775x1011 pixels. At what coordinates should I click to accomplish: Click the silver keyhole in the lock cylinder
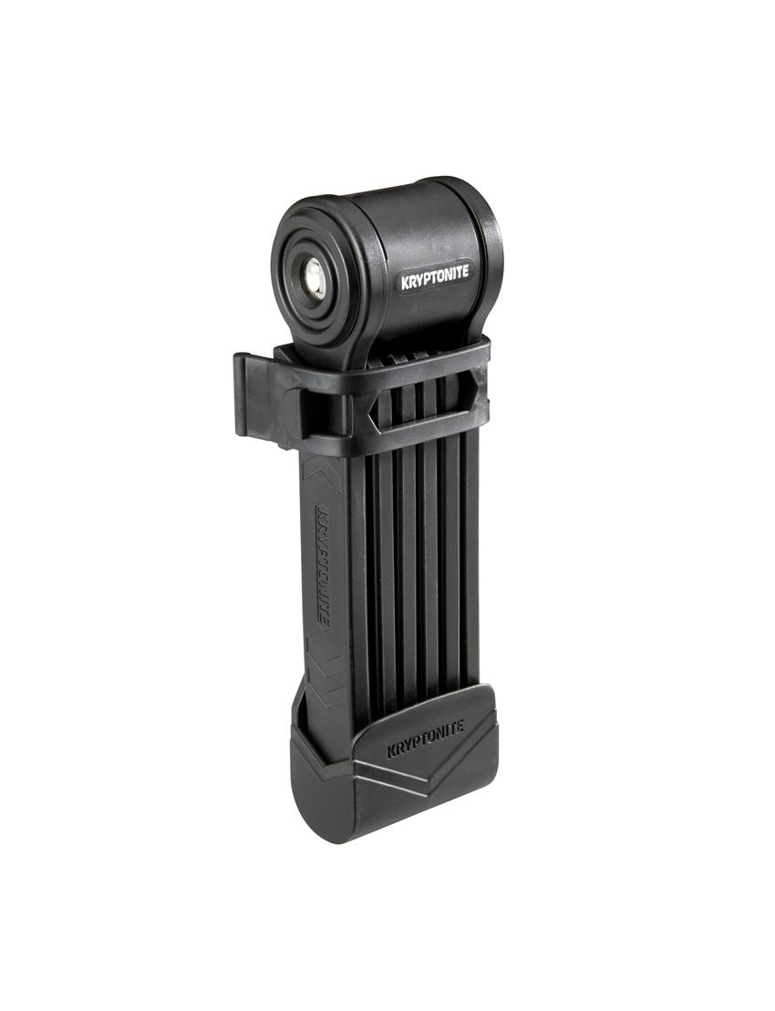[314, 273]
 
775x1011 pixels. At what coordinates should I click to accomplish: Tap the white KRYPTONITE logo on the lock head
[437, 279]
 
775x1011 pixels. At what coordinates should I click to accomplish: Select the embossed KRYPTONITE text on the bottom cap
[426, 738]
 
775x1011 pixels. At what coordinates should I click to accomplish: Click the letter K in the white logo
[406, 284]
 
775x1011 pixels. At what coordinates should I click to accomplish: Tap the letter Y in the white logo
[421, 282]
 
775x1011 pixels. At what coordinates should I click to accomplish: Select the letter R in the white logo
[413, 283]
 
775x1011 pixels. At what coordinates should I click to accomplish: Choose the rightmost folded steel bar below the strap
[470, 547]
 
